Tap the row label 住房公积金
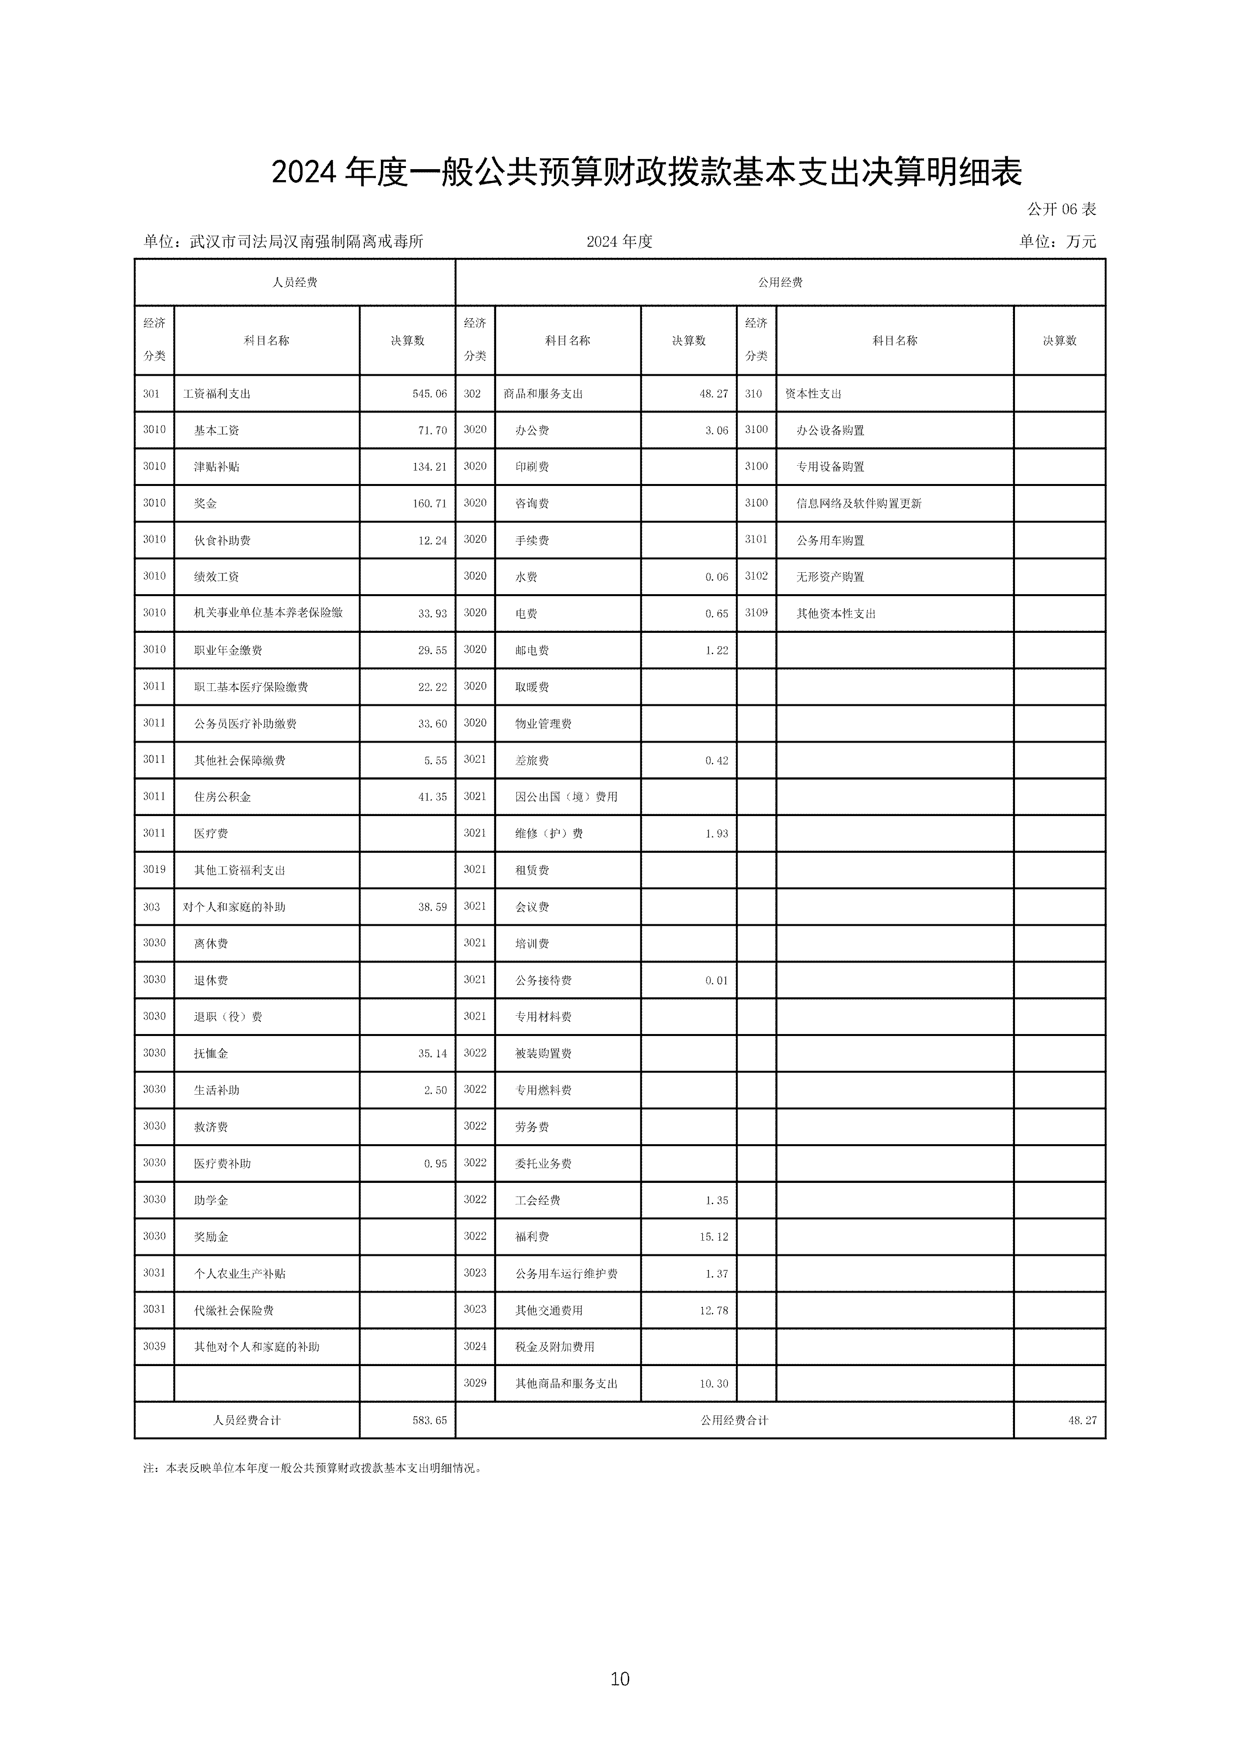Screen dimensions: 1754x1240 coord(222,797)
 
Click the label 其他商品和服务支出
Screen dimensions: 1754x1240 coord(566,1384)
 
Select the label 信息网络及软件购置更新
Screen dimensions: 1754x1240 coord(859,504)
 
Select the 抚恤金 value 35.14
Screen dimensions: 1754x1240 coord(432,1054)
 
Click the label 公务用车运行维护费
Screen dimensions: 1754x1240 coord(566,1274)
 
